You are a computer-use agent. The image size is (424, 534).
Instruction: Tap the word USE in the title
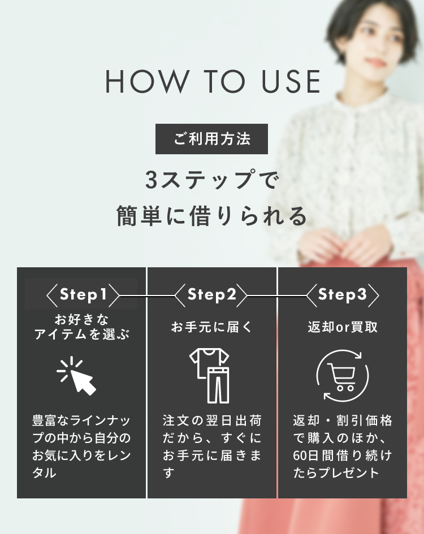point(291,81)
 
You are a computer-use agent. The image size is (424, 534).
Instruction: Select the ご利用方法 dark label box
point(211,139)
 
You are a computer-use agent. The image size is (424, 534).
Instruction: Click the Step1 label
point(83,294)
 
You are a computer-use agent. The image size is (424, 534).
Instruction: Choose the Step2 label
point(211,294)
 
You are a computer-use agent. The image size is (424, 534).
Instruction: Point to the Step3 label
point(342,294)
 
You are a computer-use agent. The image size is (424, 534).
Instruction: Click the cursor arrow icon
point(77,376)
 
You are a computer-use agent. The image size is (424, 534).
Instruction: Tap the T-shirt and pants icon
point(209,375)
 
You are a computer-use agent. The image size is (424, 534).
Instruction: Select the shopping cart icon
point(342,375)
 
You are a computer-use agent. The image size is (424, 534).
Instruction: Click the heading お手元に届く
point(211,327)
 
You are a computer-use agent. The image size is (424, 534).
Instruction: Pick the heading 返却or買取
point(343,327)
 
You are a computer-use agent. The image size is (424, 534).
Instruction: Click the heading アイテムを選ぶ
point(82,334)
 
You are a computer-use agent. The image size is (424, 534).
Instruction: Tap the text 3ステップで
point(211,180)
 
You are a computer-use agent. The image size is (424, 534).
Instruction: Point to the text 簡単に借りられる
point(211,215)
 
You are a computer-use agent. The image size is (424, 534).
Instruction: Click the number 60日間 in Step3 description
point(314,455)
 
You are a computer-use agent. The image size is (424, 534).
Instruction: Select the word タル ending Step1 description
point(44,473)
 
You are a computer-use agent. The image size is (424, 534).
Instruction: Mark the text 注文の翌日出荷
point(211,420)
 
